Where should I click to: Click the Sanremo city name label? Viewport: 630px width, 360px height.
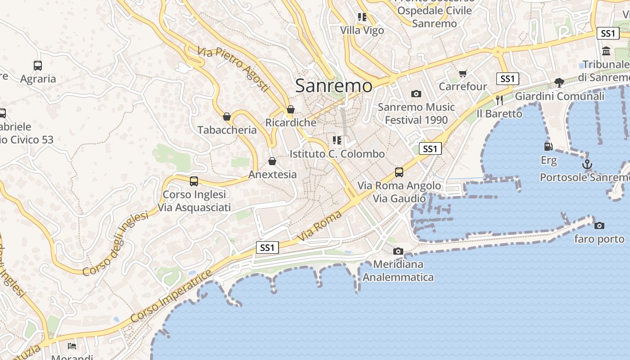[334, 85]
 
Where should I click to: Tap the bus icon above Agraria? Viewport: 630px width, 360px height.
[38, 66]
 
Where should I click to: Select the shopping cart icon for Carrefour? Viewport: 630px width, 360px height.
[463, 73]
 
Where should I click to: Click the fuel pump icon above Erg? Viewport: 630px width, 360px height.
[548, 146]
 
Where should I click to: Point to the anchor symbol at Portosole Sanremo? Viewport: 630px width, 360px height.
[587, 164]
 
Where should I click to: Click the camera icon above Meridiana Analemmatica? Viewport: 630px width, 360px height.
[398, 252]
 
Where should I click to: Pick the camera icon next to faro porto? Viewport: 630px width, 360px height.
[599, 225]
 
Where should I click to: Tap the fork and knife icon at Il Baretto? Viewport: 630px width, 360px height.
[499, 100]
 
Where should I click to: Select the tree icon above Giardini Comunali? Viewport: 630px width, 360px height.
[559, 83]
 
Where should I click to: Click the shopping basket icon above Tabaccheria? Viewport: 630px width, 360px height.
[227, 117]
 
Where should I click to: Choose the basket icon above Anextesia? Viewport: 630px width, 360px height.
[272, 161]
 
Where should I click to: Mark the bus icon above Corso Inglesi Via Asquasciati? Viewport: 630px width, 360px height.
[194, 181]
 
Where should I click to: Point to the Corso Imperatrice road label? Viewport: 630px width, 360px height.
[171, 296]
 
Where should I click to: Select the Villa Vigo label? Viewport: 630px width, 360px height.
[362, 30]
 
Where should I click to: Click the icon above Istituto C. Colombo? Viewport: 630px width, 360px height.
[337, 140]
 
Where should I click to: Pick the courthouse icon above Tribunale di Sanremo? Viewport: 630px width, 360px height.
[606, 51]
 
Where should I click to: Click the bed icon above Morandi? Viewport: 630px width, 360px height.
[72, 346]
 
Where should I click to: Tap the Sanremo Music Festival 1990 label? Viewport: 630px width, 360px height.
[416, 113]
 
